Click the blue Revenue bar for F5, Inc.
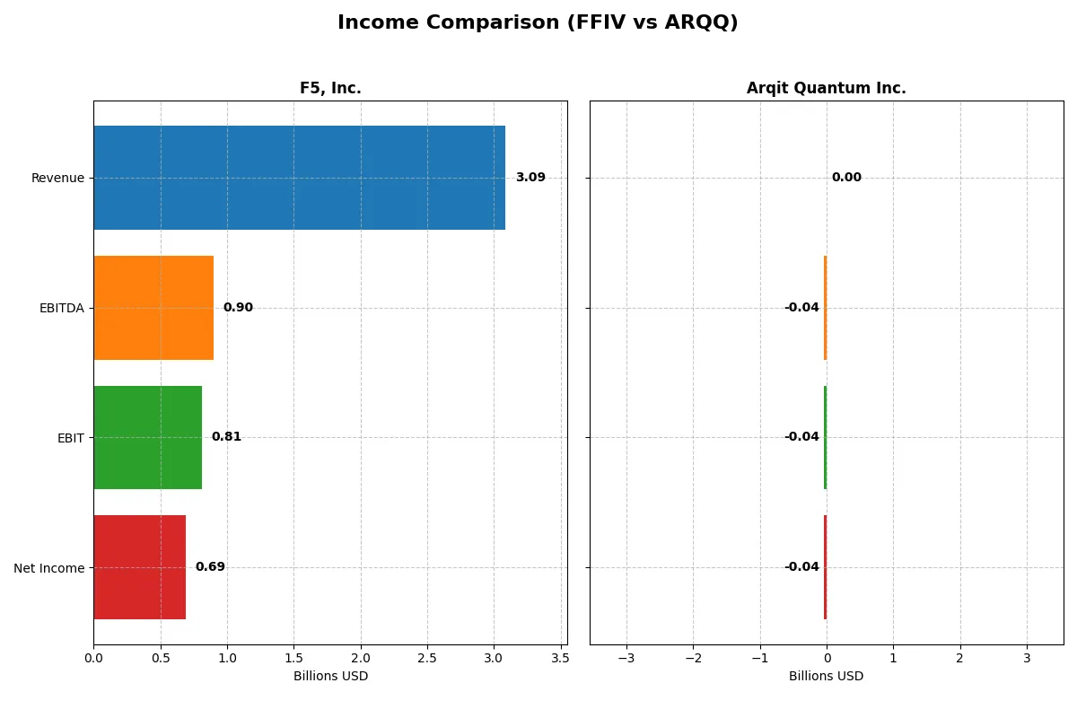click(299, 178)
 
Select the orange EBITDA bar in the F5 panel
click(153, 308)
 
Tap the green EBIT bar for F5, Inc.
click(147, 437)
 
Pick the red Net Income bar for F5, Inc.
click(139, 567)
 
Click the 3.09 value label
click(530, 178)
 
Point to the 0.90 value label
click(238, 308)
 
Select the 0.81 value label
click(226, 437)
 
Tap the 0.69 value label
click(210, 567)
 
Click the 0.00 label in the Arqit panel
click(846, 178)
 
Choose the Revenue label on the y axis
click(57, 178)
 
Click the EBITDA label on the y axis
click(61, 308)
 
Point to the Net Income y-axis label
click(49, 567)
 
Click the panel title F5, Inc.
click(330, 88)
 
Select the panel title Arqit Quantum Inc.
click(826, 88)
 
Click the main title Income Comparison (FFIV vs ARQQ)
click(538, 23)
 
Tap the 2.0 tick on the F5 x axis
click(360, 657)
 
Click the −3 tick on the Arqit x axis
click(626, 657)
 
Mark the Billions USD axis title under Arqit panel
click(826, 676)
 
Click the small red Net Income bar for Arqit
click(825, 567)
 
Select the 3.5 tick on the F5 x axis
click(560, 657)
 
